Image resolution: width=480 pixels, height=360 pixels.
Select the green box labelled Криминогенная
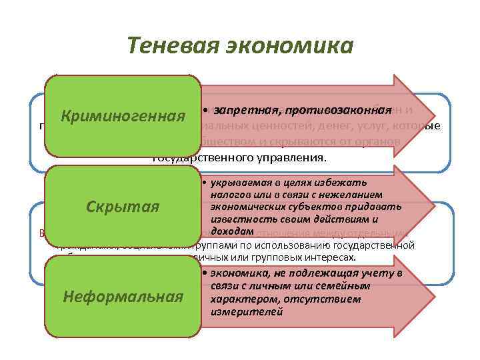123,117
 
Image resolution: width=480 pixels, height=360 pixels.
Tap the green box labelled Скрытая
123,207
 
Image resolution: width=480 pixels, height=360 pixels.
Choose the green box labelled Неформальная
123,296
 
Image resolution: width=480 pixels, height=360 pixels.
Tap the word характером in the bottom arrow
241,299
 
